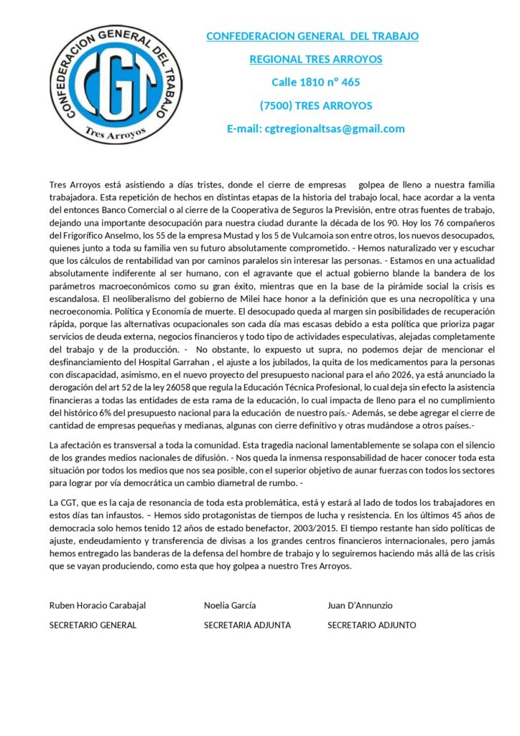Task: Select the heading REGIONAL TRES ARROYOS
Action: coord(315,59)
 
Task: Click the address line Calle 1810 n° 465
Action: coord(315,82)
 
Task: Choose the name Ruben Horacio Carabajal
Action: coord(98,605)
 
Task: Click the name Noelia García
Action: coord(230,605)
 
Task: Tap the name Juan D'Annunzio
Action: coord(360,605)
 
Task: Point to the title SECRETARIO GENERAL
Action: coord(93,625)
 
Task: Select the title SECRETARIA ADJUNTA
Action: coord(247,625)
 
